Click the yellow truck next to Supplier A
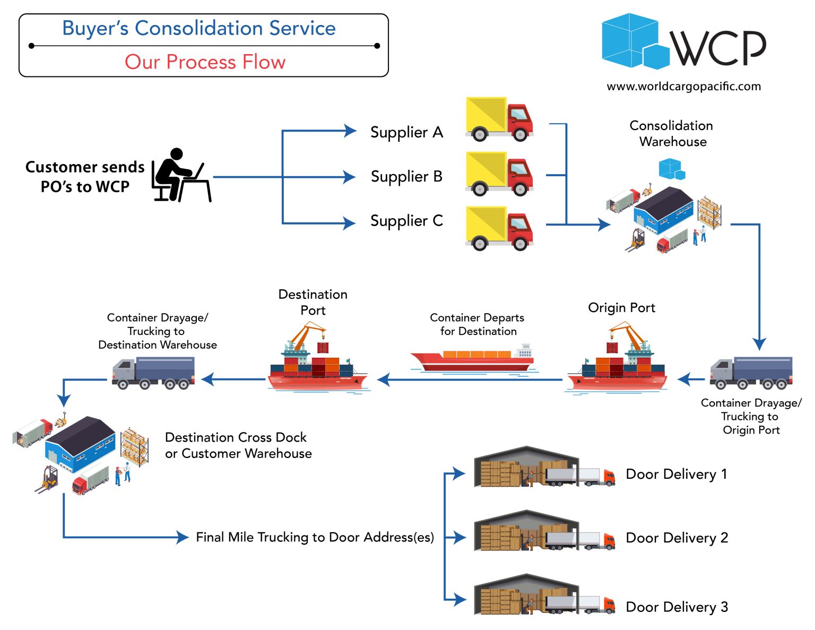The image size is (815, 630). (499, 119)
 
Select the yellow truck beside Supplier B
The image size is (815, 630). (499, 174)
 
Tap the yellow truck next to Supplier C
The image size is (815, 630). (499, 228)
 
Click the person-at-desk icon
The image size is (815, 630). (180, 175)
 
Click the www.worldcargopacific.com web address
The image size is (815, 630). (683, 87)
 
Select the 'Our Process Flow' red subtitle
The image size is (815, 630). (205, 62)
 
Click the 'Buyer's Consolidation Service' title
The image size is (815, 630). (199, 28)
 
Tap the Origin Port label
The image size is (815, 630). (621, 308)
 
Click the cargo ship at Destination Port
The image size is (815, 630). (317, 361)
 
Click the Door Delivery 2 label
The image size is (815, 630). (677, 538)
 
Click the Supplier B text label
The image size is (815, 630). (406, 176)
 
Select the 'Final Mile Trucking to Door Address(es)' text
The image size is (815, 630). (315, 537)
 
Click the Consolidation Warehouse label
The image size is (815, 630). (672, 133)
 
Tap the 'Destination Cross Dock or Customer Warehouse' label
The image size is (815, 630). (238, 445)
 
